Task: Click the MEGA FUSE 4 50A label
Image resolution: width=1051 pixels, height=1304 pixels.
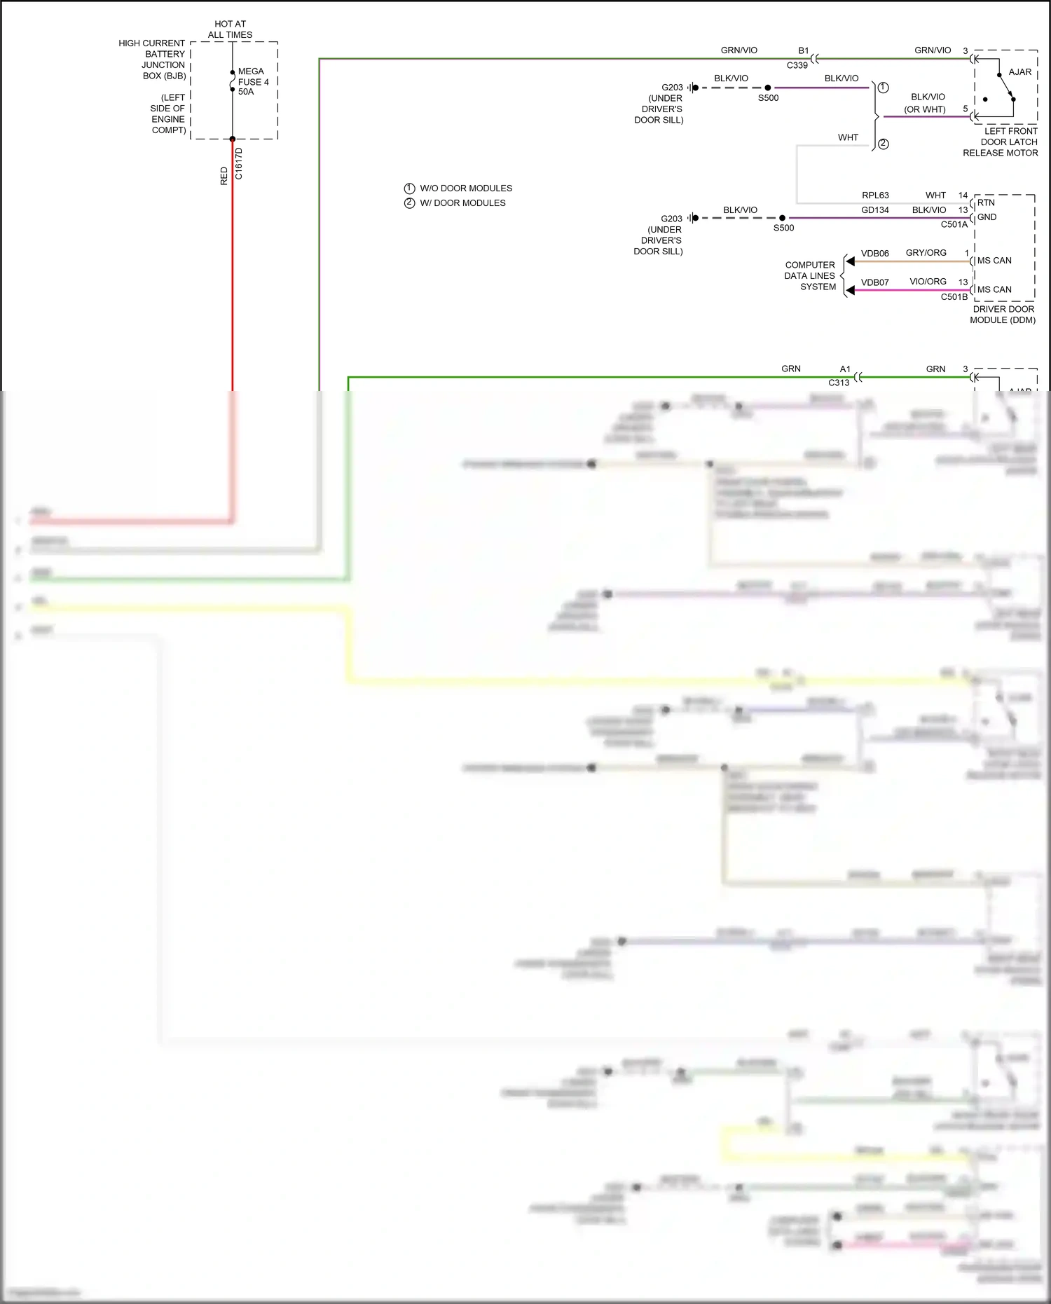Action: coord(253,81)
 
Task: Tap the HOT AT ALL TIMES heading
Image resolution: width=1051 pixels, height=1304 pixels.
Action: coord(230,29)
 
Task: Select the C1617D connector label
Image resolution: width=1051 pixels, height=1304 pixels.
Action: coord(239,163)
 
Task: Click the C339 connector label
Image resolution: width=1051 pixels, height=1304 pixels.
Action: coord(797,65)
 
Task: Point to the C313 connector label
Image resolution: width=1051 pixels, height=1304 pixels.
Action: coord(839,383)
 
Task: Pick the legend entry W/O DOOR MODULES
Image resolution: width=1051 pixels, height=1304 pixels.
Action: coord(465,188)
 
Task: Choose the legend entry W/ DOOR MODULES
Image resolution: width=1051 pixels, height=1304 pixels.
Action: coord(462,203)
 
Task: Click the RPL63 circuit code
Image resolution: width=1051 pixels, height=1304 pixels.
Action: coord(875,195)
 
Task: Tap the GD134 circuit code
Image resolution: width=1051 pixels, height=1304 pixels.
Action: coord(875,210)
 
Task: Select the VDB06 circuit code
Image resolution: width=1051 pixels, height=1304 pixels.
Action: coord(875,254)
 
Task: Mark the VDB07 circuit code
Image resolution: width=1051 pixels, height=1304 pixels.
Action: coord(875,282)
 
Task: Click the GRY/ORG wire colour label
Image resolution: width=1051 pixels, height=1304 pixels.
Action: coord(926,253)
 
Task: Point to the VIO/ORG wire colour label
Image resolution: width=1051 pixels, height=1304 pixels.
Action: coord(928,282)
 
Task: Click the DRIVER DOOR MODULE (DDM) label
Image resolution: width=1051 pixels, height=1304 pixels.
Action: coord(1003,315)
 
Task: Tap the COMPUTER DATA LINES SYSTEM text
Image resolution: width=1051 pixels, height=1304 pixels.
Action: coord(810,276)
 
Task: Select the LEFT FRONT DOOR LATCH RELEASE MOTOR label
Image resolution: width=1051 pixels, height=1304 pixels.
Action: coord(1001,142)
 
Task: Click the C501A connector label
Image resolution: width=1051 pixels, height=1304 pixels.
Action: coord(954,225)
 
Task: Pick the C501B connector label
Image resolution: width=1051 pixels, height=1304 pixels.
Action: coord(954,297)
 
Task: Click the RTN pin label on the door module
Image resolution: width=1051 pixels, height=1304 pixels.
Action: coord(986,203)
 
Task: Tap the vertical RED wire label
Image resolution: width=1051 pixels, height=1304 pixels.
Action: coord(224,176)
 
